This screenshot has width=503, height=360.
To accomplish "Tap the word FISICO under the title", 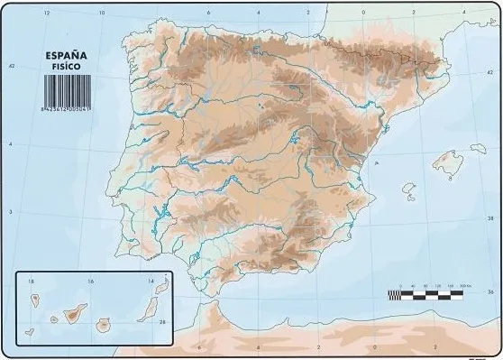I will coord(66,64).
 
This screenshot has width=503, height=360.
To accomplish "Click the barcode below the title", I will coord(65,87).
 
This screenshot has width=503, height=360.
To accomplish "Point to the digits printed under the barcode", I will coord(65,106).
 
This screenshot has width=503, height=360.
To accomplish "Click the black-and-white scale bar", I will coord(425,294).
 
